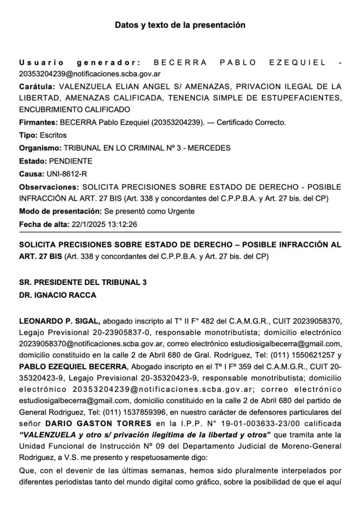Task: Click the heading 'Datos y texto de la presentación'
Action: (180, 25)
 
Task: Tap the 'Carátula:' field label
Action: (36, 86)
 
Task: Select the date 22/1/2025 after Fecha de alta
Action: (87, 224)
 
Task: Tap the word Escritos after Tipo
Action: (53, 135)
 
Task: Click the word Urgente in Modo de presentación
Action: (182, 211)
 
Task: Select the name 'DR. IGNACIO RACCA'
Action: (57, 295)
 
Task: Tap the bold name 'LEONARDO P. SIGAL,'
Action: (60, 321)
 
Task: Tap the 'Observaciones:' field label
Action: (48, 188)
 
